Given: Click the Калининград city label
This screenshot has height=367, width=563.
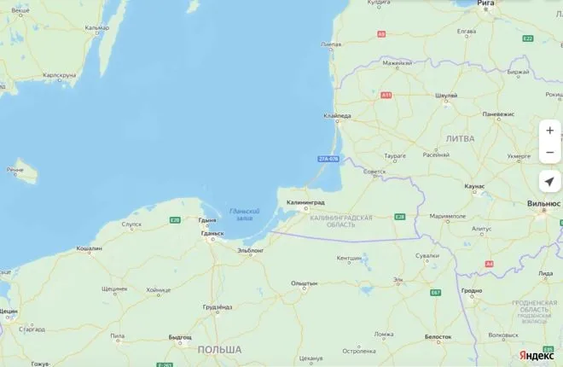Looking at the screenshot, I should (305, 202).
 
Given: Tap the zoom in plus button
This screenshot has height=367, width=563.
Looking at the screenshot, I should (550, 131).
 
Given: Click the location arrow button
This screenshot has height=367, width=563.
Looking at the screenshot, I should (550, 181).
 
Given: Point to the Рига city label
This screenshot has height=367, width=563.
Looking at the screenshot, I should (485, 3).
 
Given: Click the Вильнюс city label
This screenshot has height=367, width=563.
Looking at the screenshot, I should (543, 204).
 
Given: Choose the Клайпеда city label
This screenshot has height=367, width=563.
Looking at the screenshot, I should (337, 116).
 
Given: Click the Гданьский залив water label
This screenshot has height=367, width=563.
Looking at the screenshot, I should (244, 214).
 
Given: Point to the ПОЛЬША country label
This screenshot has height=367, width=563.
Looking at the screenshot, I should (219, 350).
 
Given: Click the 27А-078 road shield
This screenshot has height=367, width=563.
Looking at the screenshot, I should (328, 159).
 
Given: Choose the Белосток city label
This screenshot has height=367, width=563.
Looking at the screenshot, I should (438, 336).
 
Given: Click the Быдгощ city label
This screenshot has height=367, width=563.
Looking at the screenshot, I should (180, 337).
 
